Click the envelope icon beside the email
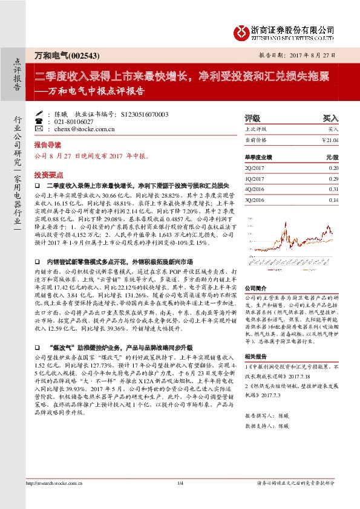39,129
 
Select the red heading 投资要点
48,173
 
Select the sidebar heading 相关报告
257,357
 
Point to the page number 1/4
180,500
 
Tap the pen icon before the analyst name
39,114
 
